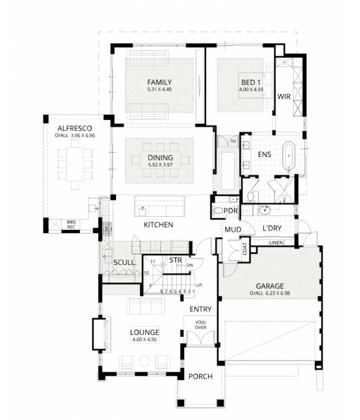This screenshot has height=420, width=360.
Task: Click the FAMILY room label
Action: point(160,83)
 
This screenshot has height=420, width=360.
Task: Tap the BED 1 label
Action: point(251,83)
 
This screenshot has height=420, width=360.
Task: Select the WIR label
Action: point(284,97)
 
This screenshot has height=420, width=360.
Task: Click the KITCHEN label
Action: point(158,224)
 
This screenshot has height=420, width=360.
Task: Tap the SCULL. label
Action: point(125,262)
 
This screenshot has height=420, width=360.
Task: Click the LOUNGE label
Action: point(145,332)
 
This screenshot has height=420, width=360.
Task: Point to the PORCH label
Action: point(200,377)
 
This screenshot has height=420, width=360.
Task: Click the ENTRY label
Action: point(200,309)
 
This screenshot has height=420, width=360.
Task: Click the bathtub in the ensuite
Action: point(289,156)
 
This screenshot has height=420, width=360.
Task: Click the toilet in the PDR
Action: point(218,211)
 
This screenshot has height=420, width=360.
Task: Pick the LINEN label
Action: point(277,242)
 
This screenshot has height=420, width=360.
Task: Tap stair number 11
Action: point(152,260)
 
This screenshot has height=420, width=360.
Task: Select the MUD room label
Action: point(233,230)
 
